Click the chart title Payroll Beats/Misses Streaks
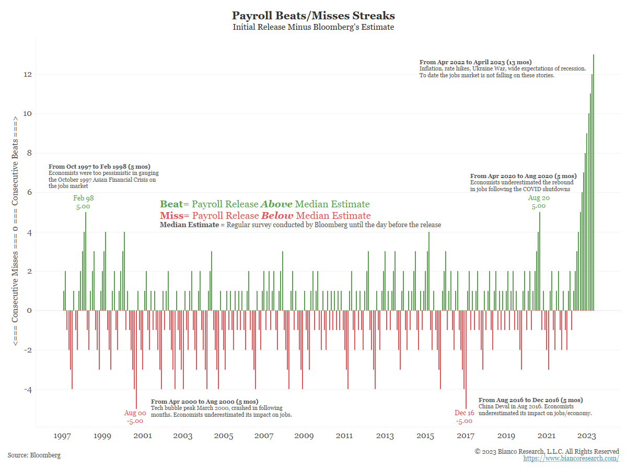313,15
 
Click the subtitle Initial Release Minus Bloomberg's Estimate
313,27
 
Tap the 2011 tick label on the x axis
344,436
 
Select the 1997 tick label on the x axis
63,436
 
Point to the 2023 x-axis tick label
587,436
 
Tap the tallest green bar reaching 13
594,183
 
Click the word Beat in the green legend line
171,204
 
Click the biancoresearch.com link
571,459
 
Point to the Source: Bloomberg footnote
34,455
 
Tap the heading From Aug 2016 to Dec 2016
530,400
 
